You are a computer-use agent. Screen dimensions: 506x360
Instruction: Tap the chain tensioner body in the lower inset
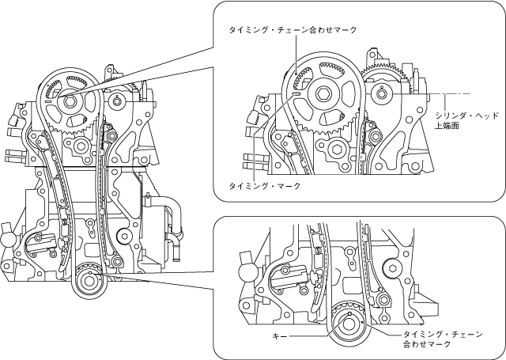(x=290, y=277)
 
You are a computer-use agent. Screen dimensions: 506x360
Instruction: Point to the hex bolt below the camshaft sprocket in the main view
(x=81, y=145)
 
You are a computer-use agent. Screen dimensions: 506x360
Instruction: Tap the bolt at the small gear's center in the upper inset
(x=383, y=96)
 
